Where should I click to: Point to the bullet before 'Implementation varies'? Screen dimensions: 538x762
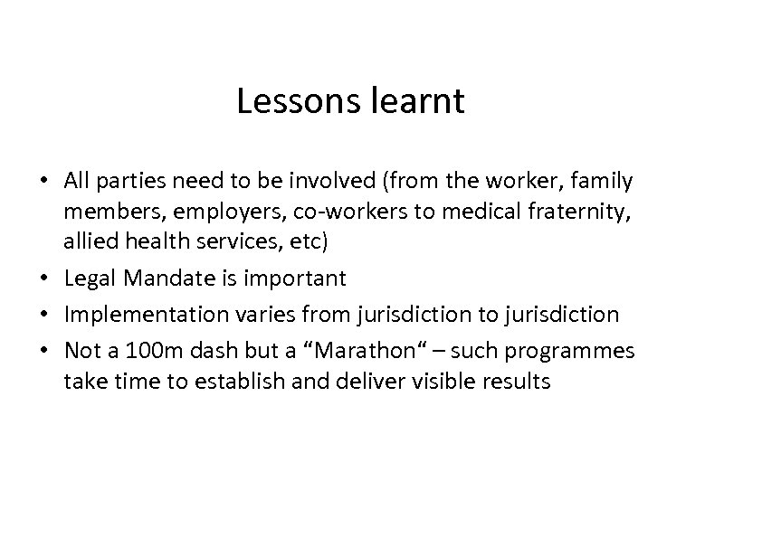(x=52, y=315)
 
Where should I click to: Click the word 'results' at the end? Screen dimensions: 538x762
(x=517, y=381)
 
